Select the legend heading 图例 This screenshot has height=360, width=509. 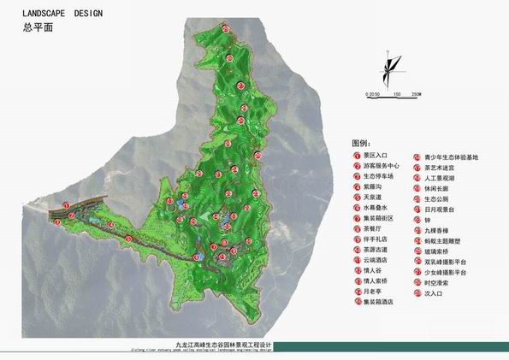coord(360,142)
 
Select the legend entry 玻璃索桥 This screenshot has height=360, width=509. coord(441,251)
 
